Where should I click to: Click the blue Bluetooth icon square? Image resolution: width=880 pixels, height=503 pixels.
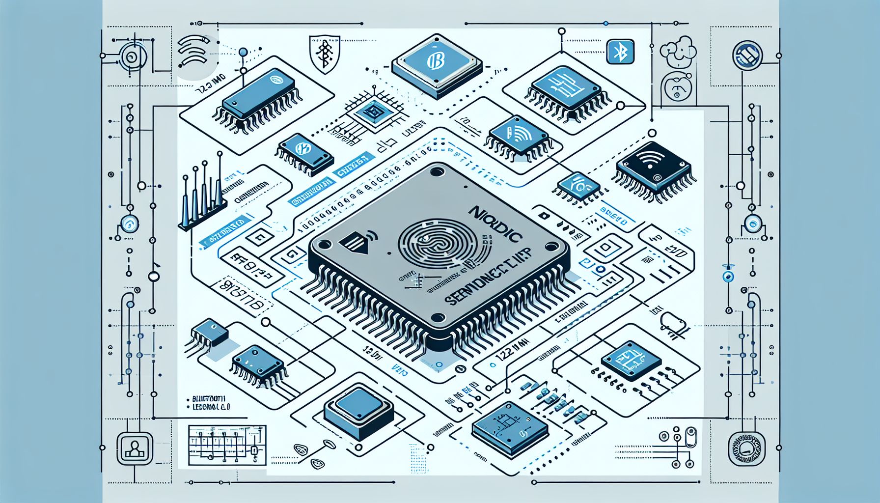[x=621, y=52]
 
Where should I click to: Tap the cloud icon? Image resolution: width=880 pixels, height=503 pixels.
[x=678, y=51]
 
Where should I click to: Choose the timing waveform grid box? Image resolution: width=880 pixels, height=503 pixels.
[x=227, y=445]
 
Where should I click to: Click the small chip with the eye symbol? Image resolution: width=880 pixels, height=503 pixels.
[x=577, y=186]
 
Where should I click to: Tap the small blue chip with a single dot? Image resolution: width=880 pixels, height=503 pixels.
[x=210, y=331]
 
